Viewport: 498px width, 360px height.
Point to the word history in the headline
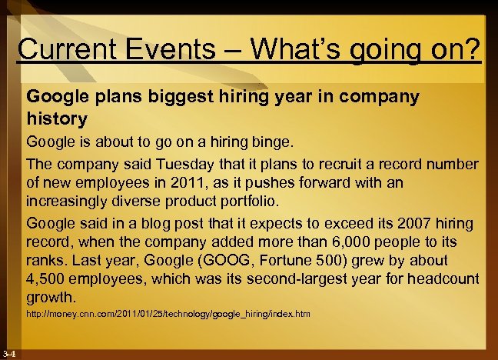pos(58,119)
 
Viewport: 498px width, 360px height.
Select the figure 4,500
pos(48,279)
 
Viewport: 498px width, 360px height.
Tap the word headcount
pos(443,279)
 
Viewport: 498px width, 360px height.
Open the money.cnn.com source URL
pos(168,315)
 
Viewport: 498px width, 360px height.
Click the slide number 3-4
pos(12,354)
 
